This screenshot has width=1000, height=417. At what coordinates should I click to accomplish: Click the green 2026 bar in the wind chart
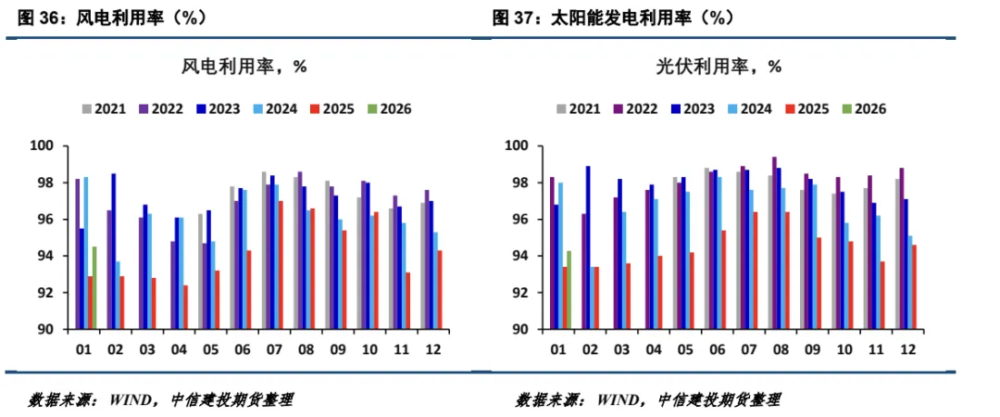pyautogui.click(x=94, y=287)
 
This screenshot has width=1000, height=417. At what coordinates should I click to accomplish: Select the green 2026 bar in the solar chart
pyautogui.click(x=569, y=290)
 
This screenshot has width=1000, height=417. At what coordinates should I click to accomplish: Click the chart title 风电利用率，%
pyautogui.click(x=244, y=67)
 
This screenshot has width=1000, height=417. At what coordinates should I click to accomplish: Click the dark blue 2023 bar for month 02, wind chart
pyautogui.click(x=114, y=251)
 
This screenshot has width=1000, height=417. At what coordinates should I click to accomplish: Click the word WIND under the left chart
pyautogui.click(x=132, y=400)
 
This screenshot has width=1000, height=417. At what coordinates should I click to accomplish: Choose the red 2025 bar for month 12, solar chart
pyautogui.click(x=915, y=286)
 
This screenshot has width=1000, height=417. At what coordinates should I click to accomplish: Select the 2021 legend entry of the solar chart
pyautogui.click(x=578, y=108)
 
